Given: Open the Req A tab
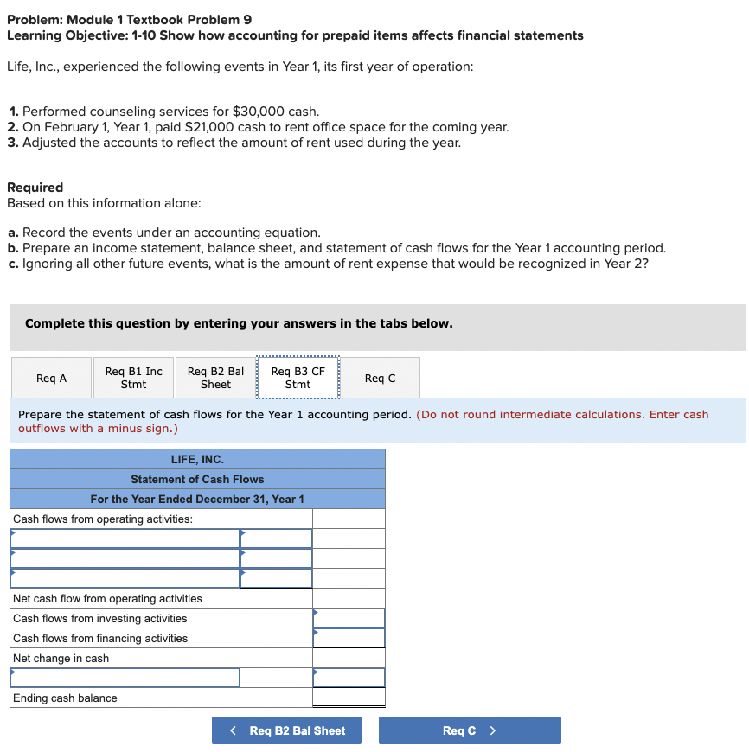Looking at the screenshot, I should coord(51,378).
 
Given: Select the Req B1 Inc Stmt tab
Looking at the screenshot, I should coord(133,378).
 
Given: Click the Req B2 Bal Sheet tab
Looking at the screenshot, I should coord(215,378).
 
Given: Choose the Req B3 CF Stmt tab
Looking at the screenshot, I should coord(298,378).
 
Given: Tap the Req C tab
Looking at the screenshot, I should coord(380,378).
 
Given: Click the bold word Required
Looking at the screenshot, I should coord(35,188).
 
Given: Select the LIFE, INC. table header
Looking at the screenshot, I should coord(197,459).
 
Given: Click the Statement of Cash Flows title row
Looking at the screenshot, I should coord(197,479).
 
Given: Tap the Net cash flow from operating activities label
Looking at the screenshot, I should coord(108,598).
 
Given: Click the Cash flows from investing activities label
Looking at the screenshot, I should coord(100,618).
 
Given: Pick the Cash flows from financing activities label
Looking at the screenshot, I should coord(100,638).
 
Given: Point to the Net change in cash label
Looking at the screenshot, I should coord(61,658).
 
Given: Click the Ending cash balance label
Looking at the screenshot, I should coord(66,698).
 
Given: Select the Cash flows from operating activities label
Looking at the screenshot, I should coord(103,519).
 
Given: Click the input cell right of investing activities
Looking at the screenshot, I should coord(349,618).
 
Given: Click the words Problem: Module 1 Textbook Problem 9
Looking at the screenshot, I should coord(130,20).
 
